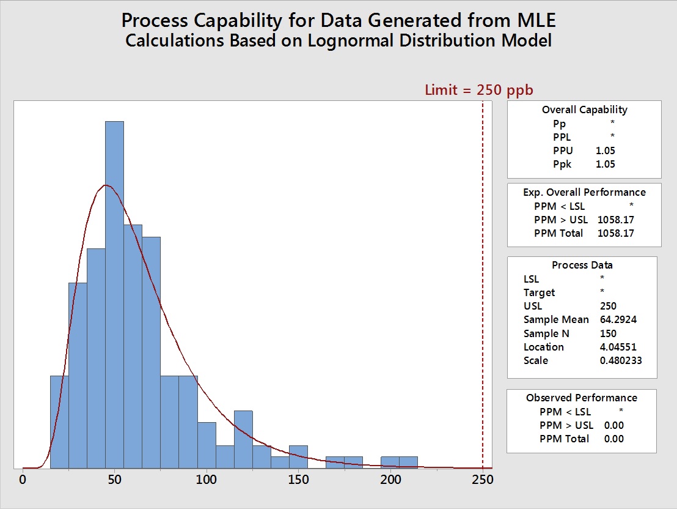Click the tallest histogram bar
114,294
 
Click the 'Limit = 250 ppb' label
479,90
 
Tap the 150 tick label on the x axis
298,479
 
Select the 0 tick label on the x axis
23,479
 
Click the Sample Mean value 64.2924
620,319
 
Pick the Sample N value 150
609,333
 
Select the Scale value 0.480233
621,360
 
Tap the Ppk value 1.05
606,164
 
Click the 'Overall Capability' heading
584,110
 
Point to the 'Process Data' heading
582,265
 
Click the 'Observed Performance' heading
581,398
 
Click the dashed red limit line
483,275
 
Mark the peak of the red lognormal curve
106,185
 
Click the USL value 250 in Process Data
609,306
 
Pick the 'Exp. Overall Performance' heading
584,192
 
